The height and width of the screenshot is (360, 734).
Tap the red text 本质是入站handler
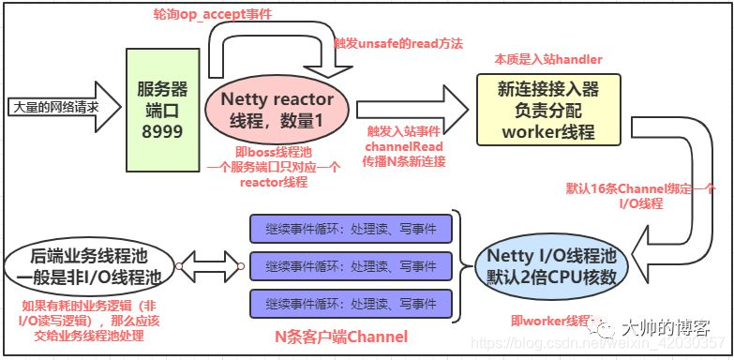point(548,59)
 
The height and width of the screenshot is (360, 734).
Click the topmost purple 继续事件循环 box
point(351,228)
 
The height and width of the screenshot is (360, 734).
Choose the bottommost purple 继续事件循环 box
point(351,303)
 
